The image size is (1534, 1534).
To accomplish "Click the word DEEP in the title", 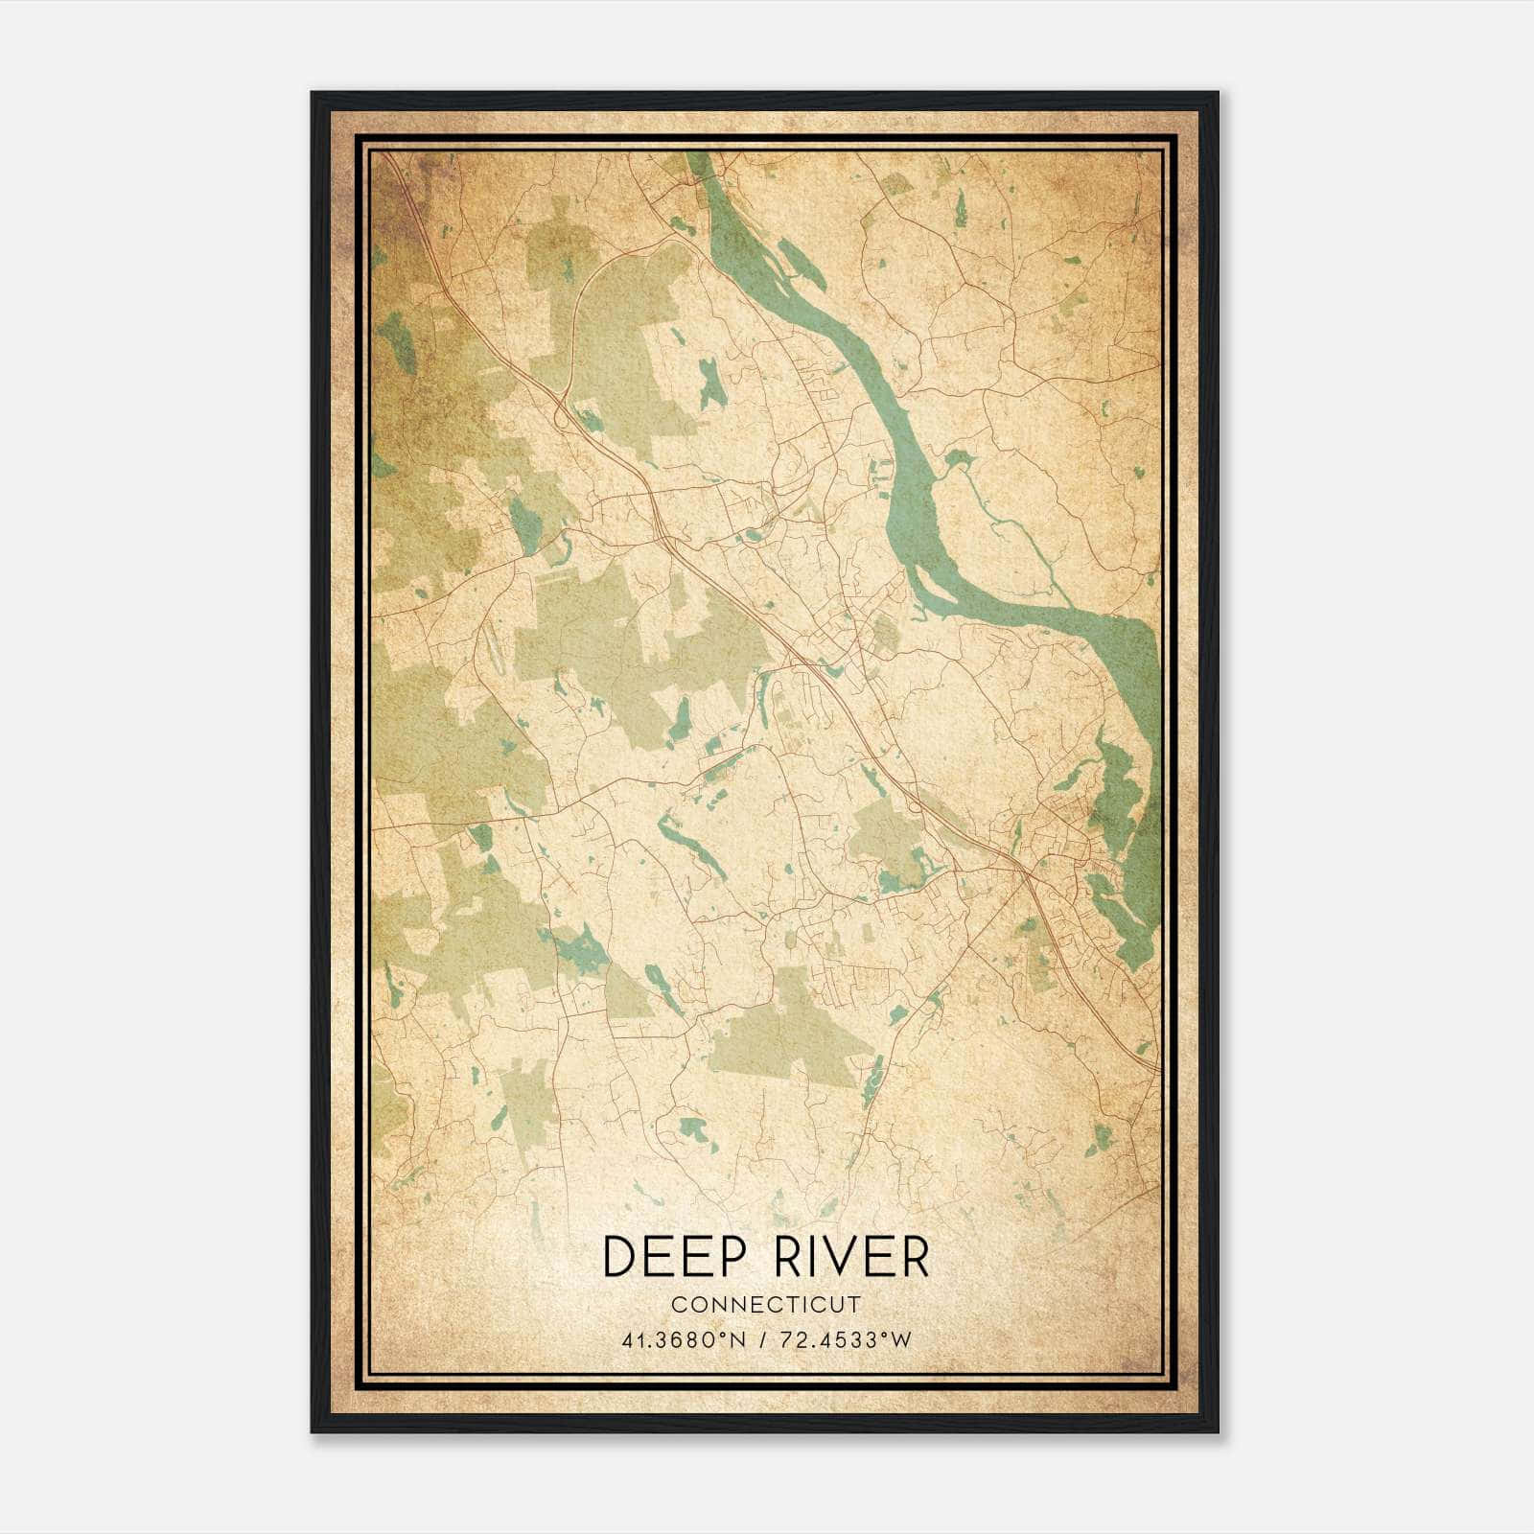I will point(670,1257).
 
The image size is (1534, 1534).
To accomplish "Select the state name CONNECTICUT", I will point(766,1305).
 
